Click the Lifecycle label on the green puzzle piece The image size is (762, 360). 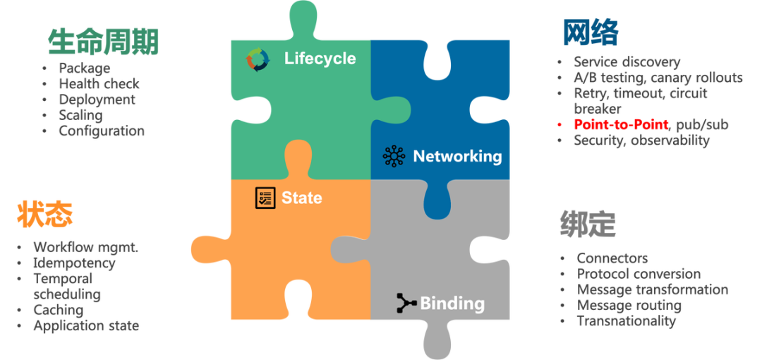click(320, 59)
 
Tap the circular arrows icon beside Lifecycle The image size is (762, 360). click(258, 59)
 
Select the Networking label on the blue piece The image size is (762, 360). click(457, 156)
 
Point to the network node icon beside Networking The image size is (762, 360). click(394, 156)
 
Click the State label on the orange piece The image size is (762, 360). click(301, 198)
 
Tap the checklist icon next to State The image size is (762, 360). click(265, 198)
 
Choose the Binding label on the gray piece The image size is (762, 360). click(452, 304)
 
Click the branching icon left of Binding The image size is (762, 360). click(406, 304)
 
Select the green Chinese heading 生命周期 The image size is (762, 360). click(104, 42)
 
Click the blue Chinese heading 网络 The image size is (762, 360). click(591, 32)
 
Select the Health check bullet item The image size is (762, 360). click(98, 84)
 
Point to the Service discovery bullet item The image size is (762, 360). click(627, 62)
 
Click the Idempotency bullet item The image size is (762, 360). click(74, 263)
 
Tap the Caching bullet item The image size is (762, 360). click(59, 310)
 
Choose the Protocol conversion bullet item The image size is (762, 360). click(639, 274)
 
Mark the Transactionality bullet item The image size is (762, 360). click(626, 320)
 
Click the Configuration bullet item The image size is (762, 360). click(102, 131)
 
